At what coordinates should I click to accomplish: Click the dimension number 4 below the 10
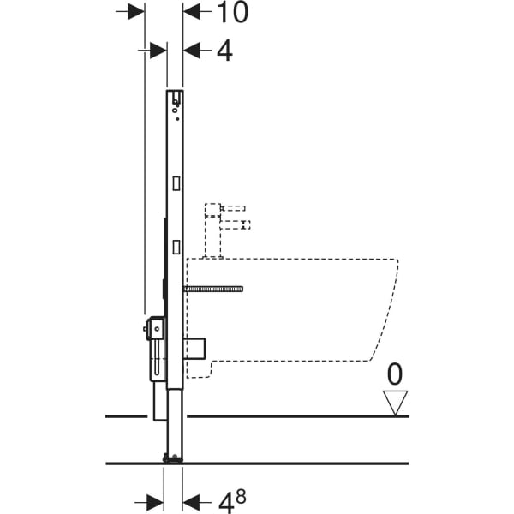[x=224, y=51]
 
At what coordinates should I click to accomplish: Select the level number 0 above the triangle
[x=395, y=374]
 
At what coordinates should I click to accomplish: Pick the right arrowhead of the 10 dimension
[x=193, y=12]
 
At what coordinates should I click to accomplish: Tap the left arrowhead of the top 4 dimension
[x=157, y=51]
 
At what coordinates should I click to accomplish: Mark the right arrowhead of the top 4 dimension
[x=194, y=51]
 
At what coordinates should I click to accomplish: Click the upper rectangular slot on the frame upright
[x=176, y=182]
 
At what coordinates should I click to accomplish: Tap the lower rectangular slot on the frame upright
[x=176, y=246]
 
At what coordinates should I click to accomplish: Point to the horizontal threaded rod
[x=214, y=290]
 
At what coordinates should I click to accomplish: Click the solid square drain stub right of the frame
[x=198, y=350]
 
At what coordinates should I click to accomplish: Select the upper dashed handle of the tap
[x=233, y=208]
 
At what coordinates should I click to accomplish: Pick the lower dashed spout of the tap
[x=236, y=225]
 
